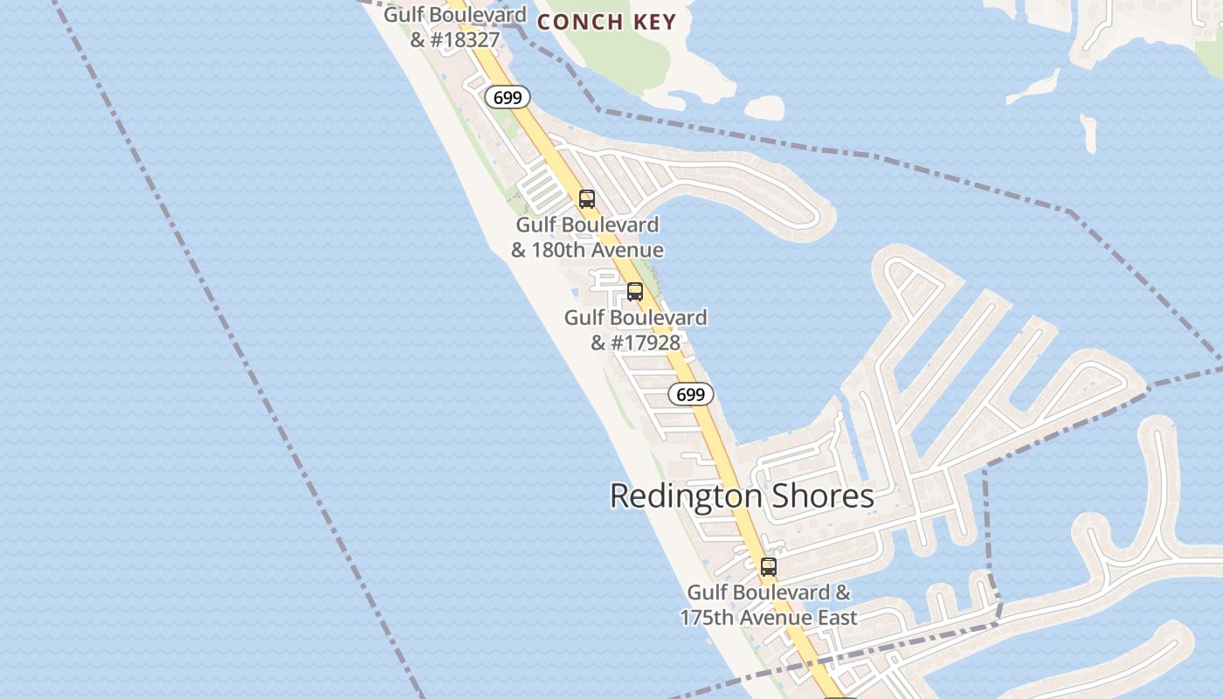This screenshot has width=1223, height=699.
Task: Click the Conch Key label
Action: tap(607, 21)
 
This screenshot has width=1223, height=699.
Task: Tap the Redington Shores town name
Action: tap(742, 495)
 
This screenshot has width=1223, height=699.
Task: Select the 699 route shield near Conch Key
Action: tap(508, 97)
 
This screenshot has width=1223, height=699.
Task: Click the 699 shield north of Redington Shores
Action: tap(691, 394)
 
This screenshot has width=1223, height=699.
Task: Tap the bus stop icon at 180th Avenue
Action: tap(587, 199)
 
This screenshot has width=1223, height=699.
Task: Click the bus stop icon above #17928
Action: tap(635, 292)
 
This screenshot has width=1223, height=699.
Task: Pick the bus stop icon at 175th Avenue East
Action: tap(769, 567)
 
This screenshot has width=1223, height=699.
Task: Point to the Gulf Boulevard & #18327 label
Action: tap(455, 27)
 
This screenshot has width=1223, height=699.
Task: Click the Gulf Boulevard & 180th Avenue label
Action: tap(587, 238)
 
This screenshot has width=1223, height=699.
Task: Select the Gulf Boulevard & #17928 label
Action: tap(635, 329)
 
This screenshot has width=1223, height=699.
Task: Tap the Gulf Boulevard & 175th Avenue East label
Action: tap(769, 605)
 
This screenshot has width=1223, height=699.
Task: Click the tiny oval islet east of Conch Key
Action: tap(764, 107)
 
